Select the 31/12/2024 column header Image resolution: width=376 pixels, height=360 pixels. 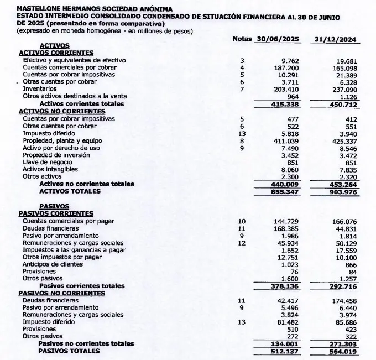coord(335,40)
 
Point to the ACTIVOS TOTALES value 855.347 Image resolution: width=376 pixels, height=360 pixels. coord(286,191)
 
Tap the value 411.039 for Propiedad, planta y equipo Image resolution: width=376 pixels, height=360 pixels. coord(286,141)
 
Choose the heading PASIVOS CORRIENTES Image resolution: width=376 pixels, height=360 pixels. coord(56,213)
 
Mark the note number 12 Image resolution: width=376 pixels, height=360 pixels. coord(241,243)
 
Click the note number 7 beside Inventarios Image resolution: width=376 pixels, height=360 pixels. coord(242,89)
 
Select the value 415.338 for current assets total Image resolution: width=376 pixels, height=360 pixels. coord(286,103)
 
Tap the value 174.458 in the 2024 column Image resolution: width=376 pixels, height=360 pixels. coord(343,300)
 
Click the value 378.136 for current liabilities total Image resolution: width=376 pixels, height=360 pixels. coord(286,286)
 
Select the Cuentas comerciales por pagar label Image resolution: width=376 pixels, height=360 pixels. coord(69,221)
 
